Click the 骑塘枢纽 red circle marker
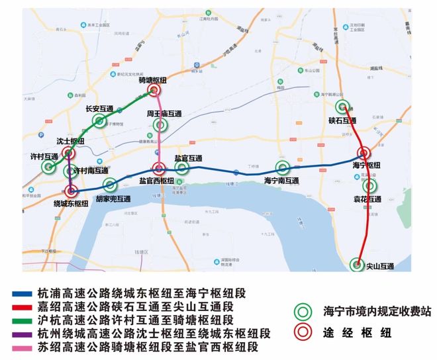tap(154, 91)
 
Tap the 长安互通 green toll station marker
tap(99, 120)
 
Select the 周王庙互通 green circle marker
tap(160, 124)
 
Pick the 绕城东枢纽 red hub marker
tap(72, 191)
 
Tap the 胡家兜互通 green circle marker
tap(110, 185)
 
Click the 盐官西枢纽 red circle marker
tap(159, 169)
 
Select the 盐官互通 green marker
tap(182, 168)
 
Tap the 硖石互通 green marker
tap(343, 107)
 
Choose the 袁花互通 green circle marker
tap(369, 186)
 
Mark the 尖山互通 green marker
tap(358, 264)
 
